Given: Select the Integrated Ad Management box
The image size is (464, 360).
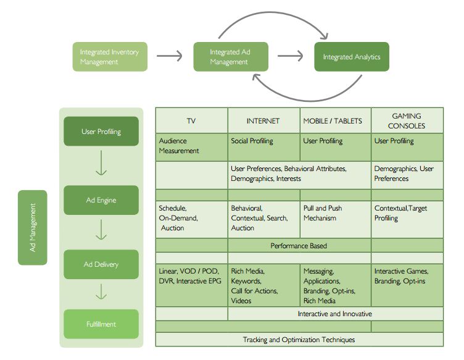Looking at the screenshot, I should point(231,57).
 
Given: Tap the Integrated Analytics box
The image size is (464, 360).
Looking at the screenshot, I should point(352,57).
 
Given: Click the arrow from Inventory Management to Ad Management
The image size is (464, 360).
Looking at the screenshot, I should point(170,56).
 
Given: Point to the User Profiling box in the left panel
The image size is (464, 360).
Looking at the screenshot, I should point(101,132).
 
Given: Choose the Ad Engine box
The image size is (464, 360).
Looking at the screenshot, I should point(101,200).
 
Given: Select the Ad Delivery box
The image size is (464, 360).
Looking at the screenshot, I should point(101,264).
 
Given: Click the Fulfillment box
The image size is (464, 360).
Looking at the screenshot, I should point(101,324).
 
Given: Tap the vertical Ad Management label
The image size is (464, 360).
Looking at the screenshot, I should point(33,227).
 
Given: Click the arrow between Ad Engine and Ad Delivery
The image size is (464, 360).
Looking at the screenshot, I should point(101,232).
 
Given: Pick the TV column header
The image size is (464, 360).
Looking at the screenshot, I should point(191,120).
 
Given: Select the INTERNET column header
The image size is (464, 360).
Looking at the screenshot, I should point(263,120).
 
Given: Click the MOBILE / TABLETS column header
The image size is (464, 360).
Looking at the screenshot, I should point(335,120).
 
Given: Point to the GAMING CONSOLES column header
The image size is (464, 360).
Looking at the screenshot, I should point(407,120).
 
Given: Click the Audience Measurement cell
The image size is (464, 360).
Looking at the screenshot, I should point(191,146).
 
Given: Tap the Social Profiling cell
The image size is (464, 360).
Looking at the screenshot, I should point(263,146).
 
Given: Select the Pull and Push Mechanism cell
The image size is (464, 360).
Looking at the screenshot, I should point(335,219).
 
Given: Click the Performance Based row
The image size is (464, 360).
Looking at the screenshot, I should point(299,246).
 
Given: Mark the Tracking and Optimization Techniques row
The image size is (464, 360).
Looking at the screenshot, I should point(299,339).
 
